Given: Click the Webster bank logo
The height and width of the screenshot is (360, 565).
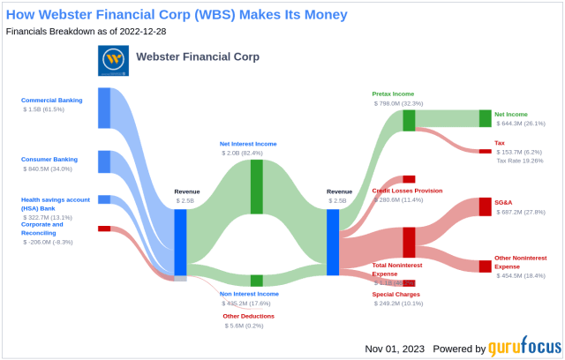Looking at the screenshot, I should (x=112, y=60).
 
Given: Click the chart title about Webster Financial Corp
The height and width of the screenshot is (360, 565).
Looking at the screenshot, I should (x=176, y=14).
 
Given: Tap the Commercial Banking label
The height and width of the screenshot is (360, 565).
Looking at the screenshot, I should (x=51, y=100).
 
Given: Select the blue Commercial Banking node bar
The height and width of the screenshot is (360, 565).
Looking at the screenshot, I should (x=103, y=108).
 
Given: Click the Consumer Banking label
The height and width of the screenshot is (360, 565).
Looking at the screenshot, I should (x=49, y=159).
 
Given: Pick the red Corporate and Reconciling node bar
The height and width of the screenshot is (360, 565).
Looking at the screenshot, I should (x=103, y=229).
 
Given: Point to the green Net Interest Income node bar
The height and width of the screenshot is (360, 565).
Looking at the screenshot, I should (x=256, y=186).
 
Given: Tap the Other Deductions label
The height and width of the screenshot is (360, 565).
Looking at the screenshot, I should (x=248, y=316).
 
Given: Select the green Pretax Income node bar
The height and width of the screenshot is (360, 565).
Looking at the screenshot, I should (x=409, y=120).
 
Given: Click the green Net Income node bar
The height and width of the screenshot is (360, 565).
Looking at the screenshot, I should (x=485, y=118).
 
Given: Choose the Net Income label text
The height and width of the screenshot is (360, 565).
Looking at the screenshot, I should (x=511, y=114).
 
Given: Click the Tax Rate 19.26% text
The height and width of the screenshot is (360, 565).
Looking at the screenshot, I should (x=521, y=161).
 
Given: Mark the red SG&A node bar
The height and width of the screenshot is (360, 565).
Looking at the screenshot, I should (x=485, y=206).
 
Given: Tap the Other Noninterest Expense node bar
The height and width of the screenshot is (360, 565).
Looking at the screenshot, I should (x=485, y=266).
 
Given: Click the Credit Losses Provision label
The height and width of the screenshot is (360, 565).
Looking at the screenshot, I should (x=407, y=191).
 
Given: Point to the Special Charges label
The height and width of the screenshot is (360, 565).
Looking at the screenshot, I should (x=395, y=293).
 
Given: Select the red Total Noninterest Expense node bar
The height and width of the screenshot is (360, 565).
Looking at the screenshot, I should (x=409, y=242).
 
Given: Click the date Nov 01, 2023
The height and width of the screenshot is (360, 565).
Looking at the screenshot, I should (x=395, y=349).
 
